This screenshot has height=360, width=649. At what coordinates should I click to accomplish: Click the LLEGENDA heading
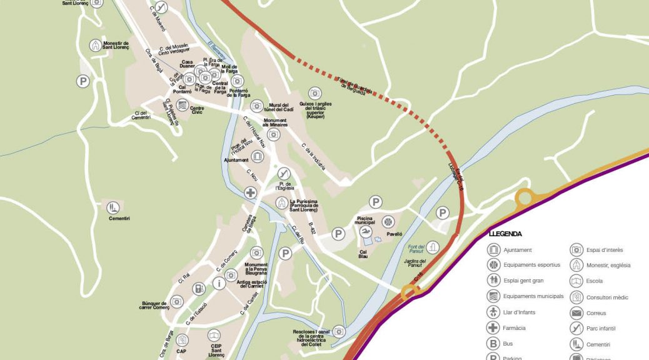click(505, 234)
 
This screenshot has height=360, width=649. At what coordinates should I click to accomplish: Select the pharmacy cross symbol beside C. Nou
click(250, 192)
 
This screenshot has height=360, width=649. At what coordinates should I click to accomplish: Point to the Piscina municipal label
click(365, 219)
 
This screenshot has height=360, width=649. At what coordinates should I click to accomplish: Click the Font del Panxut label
click(416, 247)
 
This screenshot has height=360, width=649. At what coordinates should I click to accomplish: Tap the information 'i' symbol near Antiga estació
click(218, 283)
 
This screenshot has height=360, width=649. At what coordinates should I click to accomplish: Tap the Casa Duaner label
click(188, 64)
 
